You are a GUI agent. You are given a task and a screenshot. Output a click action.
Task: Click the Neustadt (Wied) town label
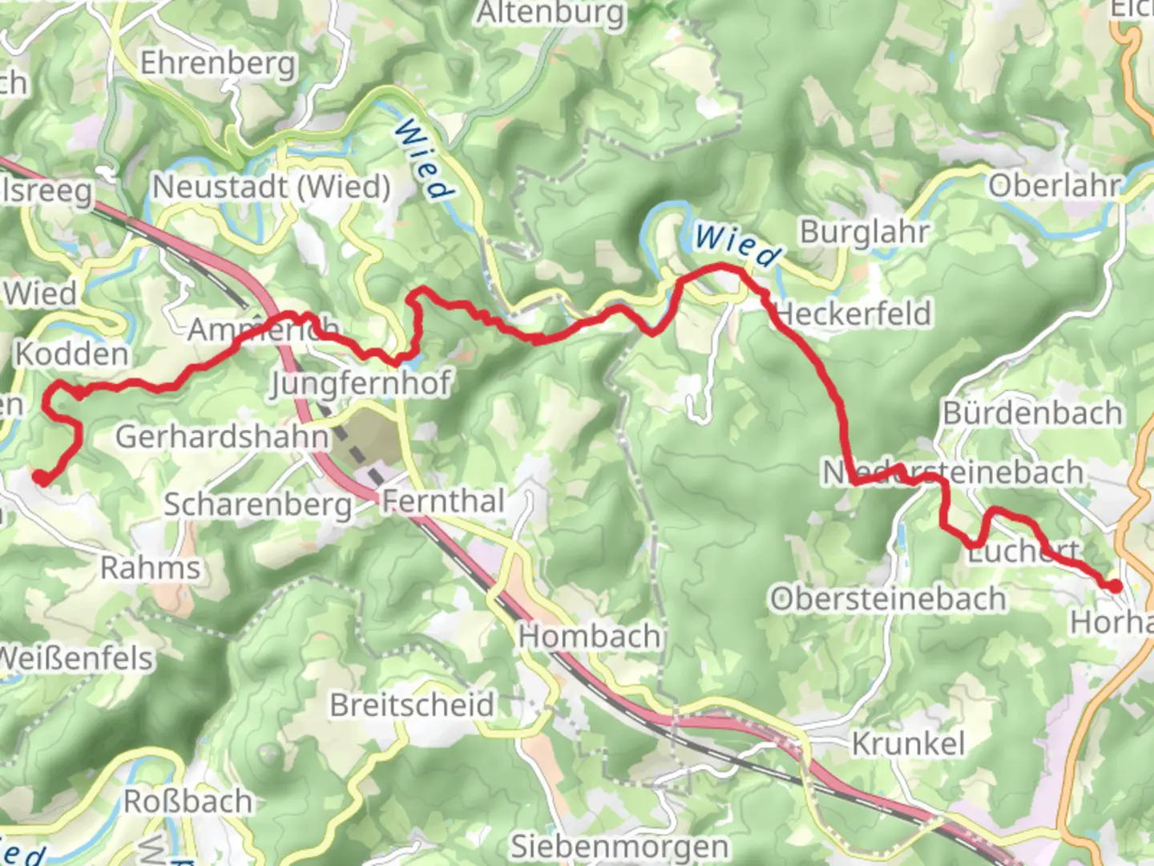(272, 188)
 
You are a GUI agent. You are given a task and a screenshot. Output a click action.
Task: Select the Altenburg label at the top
(551, 14)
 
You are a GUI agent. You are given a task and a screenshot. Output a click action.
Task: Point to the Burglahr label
(865, 233)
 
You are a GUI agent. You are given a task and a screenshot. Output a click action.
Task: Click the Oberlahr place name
(1055, 186)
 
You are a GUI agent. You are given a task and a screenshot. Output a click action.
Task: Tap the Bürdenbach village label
(1033, 414)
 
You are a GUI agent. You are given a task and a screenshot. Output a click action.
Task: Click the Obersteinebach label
(888, 599)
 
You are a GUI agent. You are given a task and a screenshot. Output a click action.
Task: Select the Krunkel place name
(908, 744)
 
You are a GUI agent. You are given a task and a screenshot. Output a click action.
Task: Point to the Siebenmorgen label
(619, 847)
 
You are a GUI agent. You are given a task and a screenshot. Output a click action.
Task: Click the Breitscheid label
(413, 706)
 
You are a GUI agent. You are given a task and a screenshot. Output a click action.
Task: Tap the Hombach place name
(589, 637)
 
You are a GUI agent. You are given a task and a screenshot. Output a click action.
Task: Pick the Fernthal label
(443, 501)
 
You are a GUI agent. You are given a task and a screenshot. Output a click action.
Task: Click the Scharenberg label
(258, 505)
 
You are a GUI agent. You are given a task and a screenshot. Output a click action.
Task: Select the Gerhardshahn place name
(223, 437)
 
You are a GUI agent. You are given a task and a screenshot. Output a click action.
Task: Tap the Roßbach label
(188, 801)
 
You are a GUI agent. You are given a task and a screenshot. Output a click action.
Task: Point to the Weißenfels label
(76, 658)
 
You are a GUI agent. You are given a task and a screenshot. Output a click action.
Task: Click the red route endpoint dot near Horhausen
(1115, 586)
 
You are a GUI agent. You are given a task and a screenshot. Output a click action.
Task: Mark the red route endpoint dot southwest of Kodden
(39, 478)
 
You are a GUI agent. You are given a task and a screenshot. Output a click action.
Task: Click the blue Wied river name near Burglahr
(736, 245)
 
